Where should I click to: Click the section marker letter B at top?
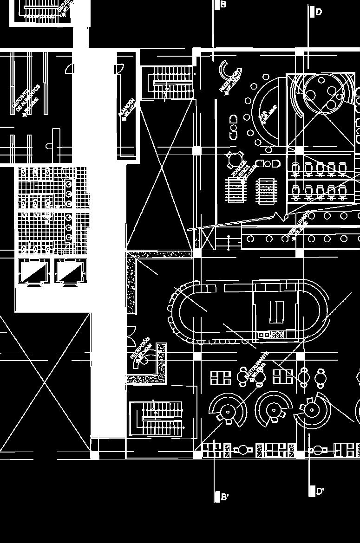(x=223, y=5)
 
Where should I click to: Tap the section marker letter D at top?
(x=319, y=12)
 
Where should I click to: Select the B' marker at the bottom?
(x=225, y=497)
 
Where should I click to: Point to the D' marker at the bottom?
(x=320, y=491)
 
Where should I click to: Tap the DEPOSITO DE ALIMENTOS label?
(x=26, y=99)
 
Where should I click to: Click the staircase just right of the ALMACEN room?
(x=167, y=83)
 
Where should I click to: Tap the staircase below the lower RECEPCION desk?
(x=157, y=419)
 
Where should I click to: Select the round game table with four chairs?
(x=233, y=160)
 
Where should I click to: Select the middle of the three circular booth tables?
(x=274, y=411)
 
